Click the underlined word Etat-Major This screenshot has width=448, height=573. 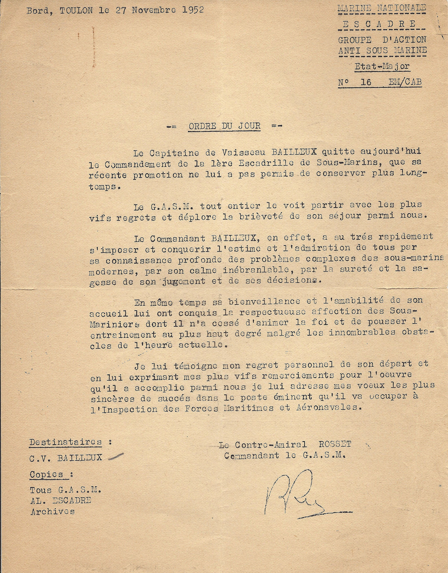tap(382, 67)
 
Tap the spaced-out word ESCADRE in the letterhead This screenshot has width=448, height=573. tap(379, 24)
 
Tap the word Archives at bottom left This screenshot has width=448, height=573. tap(53, 511)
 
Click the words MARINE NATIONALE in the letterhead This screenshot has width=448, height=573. tap(382, 8)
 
